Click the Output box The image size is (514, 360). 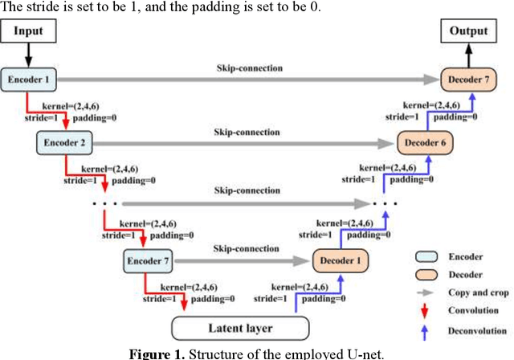pyautogui.click(x=464, y=31)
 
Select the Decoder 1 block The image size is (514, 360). pyautogui.click(x=337, y=261)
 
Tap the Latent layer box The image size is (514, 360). pyautogui.click(x=239, y=328)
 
